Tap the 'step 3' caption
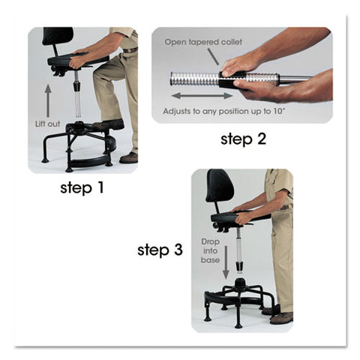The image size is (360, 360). coord(160,250)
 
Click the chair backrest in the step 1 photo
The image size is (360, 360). coord(58,36)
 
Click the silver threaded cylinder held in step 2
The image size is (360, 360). coord(196,78)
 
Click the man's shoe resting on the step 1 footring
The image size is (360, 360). coord(110,124)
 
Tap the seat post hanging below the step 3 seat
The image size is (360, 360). coord(239,247)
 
